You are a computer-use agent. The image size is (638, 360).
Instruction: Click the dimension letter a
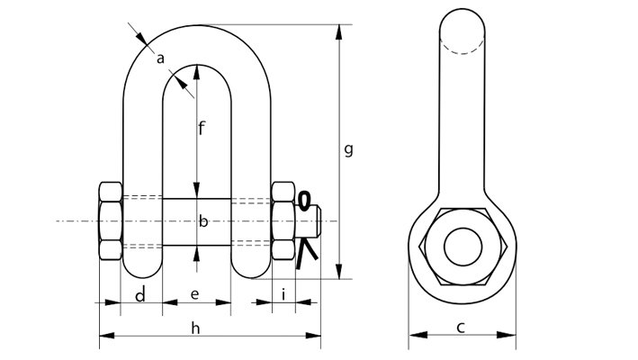tap(160, 59)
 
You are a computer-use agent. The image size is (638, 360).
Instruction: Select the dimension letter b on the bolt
tap(203, 221)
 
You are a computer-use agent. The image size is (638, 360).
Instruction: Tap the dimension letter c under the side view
tap(460, 328)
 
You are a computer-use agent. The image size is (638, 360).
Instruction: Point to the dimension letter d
tap(140, 295)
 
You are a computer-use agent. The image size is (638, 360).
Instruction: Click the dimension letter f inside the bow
tap(202, 128)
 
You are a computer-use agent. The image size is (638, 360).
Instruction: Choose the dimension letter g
tap(348, 149)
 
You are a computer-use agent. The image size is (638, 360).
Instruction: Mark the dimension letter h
tap(195, 328)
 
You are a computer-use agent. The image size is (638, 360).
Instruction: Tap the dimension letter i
tap(283, 295)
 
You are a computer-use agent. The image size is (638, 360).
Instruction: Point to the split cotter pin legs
tap(307, 255)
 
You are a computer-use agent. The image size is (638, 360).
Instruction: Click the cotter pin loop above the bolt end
tap(304, 201)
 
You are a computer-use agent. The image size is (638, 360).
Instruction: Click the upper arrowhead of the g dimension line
tap(339, 32)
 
